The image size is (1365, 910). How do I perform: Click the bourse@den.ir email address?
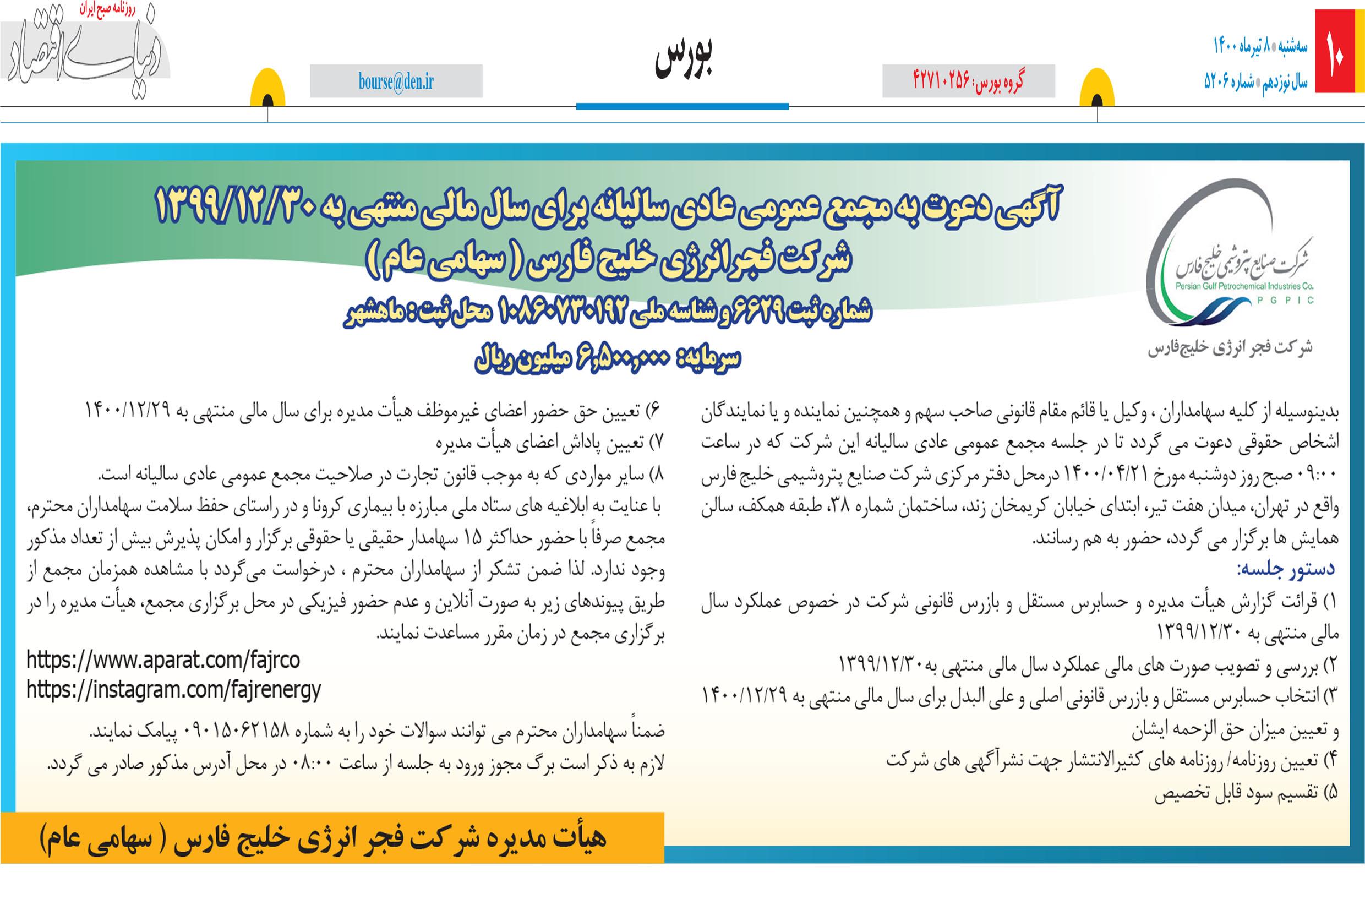(x=396, y=82)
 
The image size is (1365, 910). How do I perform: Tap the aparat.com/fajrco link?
(x=163, y=660)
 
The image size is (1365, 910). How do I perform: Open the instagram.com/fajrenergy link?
(x=173, y=690)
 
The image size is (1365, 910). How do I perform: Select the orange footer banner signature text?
(x=323, y=838)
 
